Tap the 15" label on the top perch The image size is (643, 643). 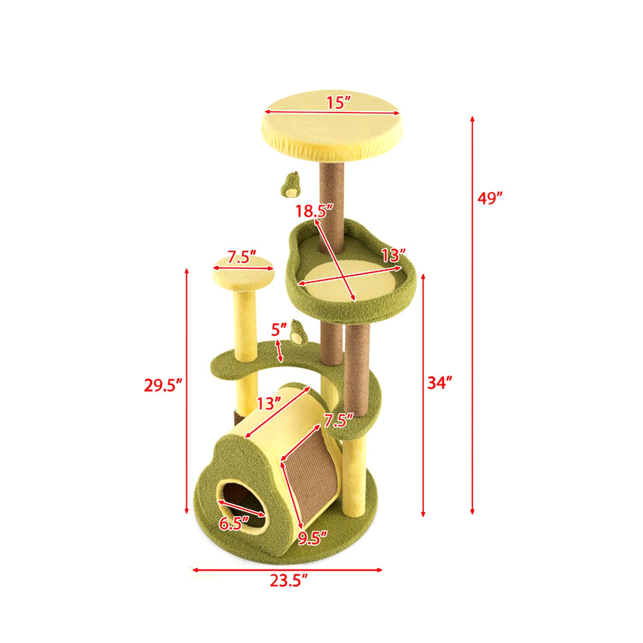[x=339, y=103]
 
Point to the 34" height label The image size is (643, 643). [x=440, y=382]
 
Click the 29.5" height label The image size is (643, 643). [x=163, y=385]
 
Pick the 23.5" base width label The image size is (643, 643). [x=289, y=581]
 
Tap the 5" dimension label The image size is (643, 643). [x=279, y=331]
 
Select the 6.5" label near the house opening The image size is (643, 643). [x=234, y=523]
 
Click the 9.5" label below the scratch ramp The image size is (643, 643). [x=313, y=538]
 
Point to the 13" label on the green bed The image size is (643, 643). [x=394, y=256]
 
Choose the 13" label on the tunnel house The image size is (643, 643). [x=269, y=403]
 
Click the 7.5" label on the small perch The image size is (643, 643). [x=242, y=258]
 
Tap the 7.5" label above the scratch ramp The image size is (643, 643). [x=338, y=420]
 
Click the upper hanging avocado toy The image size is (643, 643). [x=290, y=185]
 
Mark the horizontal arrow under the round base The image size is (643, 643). [x=287, y=570]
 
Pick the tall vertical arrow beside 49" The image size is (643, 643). [x=472, y=315]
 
